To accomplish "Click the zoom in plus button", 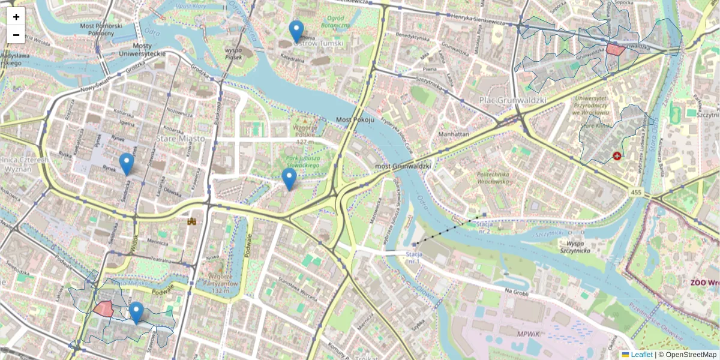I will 16,17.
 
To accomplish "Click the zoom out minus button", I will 16,35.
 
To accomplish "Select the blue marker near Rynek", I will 126,164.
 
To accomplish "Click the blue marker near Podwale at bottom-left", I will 136,313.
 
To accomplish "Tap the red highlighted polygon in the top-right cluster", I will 615,49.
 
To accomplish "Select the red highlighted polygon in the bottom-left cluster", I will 104,309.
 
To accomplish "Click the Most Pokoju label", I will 355,120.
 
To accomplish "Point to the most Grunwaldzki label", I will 403,165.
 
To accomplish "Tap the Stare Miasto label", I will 180,139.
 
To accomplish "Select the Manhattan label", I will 454,134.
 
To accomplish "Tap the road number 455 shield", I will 636,192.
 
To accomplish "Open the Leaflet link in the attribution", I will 641,355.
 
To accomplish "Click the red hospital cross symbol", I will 617,157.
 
